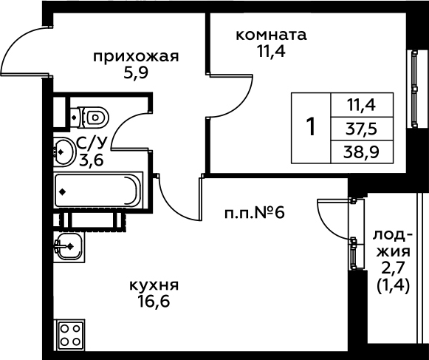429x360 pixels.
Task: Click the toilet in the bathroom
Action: [x=89, y=118]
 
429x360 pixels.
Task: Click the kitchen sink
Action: [x=69, y=247]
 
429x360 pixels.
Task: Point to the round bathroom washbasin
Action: [x=64, y=152]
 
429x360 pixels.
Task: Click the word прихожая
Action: [x=136, y=57]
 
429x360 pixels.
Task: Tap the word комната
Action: [x=271, y=35]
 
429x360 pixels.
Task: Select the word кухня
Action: [x=154, y=285]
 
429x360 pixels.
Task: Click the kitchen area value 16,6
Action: [x=154, y=302]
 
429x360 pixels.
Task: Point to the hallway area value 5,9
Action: [x=136, y=73]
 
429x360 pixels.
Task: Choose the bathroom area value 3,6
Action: [x=92, y=160]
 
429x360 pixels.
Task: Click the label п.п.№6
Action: [x=255, y=213]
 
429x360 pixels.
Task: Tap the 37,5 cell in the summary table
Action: [x=361, y=129]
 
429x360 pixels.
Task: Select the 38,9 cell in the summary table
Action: [x=361, y=152]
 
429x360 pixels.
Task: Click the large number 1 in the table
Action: [x=311, y=127]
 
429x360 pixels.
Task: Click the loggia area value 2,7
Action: [x=393, y=269]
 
